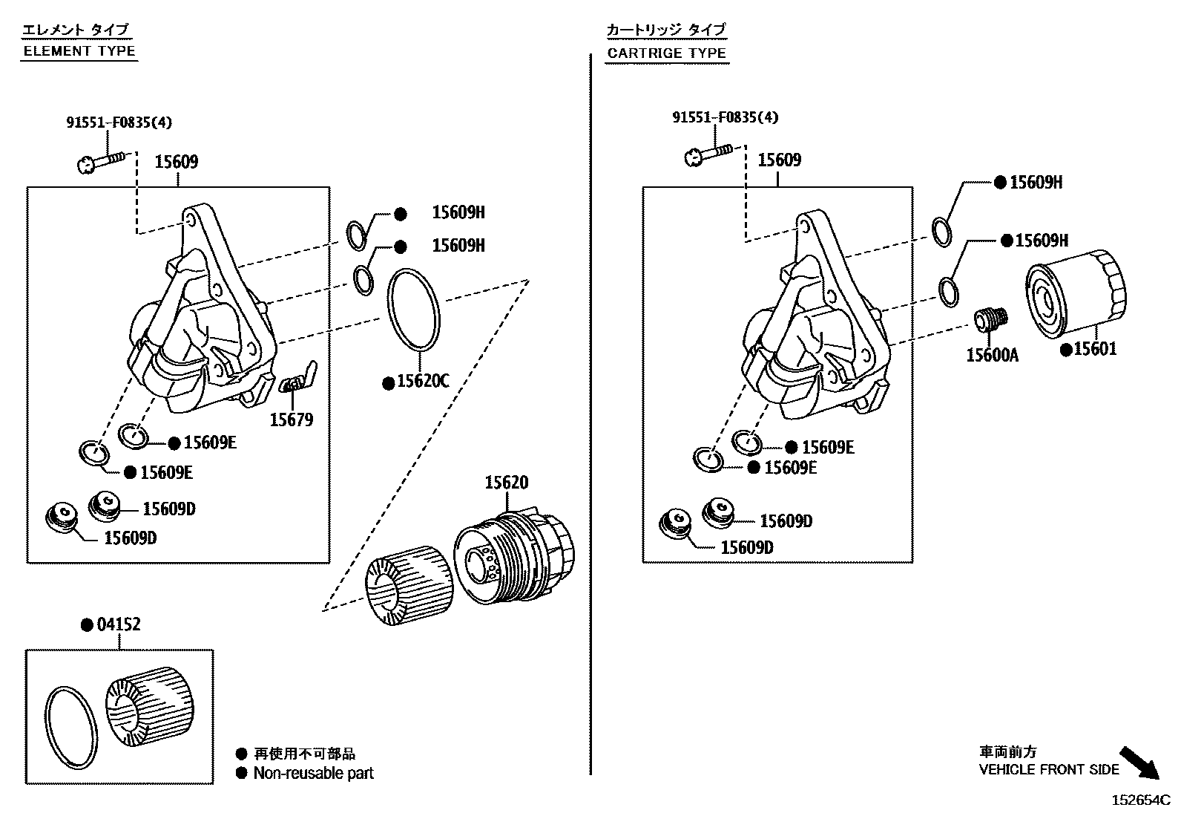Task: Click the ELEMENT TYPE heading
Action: tap(79, 51)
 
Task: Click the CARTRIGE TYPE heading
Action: tap(666, 53)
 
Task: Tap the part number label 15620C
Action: tap(423, 382)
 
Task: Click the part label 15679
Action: tap(291, 420)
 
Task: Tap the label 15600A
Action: tap(992, 356)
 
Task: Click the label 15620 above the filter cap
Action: tap(507, 483)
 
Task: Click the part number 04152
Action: tap(119, 625)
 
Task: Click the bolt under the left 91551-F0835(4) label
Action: tap(102, 160)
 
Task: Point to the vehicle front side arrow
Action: tap(1139, 763)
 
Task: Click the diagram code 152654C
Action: tap(1140, 800)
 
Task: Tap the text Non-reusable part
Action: tap(313, 774)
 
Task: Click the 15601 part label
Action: tap(1094, 349)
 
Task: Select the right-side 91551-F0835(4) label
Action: tap(725, 117)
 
